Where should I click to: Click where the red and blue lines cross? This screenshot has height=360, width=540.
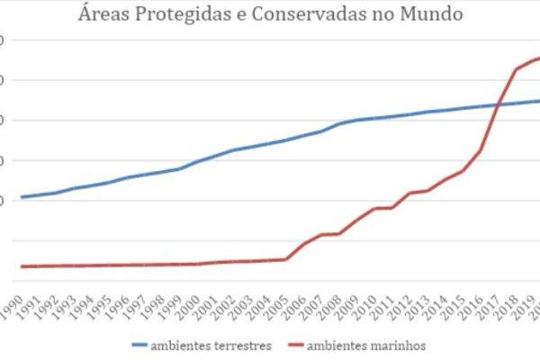(x=498, y=104)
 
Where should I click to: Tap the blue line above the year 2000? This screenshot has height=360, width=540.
(x=198, y=160)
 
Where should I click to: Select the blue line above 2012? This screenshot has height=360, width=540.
(x=409, y=114)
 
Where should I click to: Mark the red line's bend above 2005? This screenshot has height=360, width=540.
(x=286, y=259)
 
